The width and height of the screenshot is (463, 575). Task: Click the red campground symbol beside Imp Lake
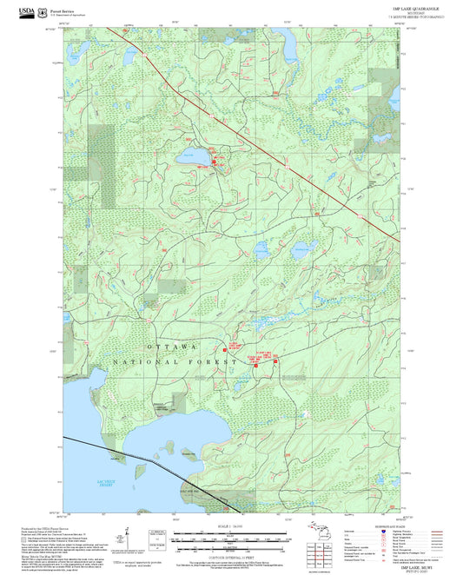[214, 160]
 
